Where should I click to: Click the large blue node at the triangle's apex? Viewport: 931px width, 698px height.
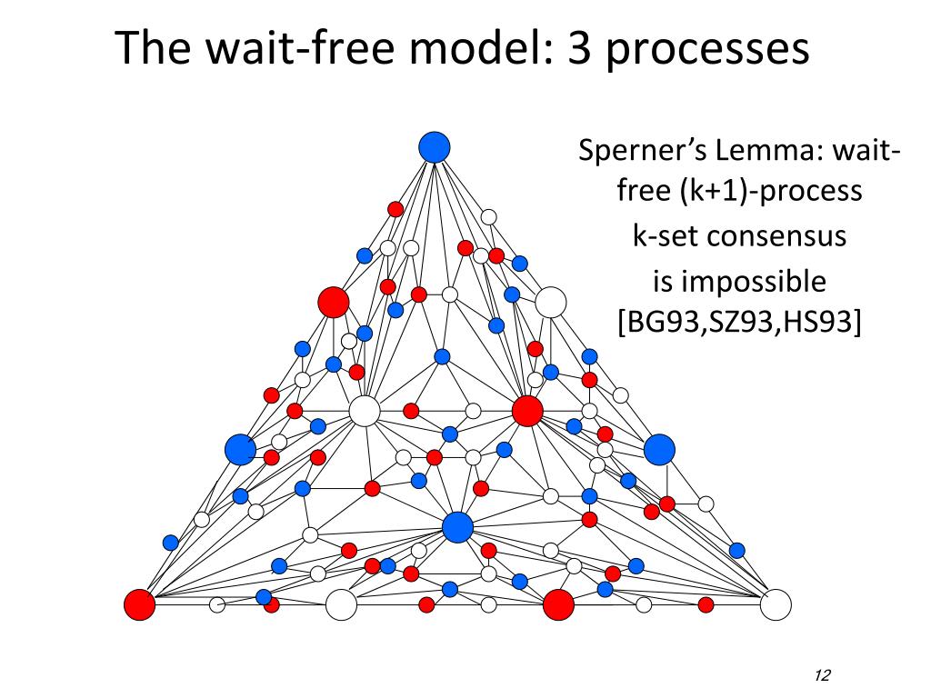(x=435, y=146)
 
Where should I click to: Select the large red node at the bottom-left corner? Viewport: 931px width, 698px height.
(x=140, y=604)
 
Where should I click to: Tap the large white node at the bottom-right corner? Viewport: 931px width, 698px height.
(x=776, y=604)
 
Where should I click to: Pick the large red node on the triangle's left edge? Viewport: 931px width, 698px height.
(x=334, y=302)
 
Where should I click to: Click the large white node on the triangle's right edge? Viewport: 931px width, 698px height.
(x=550, y=302)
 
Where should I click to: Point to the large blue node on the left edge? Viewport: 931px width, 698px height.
(x=241, y=449)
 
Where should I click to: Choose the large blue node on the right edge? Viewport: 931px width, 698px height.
(x=659, y=449)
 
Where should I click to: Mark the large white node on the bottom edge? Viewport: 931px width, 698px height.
(x=341, y=604)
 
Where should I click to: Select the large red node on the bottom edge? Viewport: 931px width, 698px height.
(x=558, y=604)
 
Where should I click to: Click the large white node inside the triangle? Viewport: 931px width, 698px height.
(x=365, y=411)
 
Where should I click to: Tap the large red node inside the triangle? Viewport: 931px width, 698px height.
(x=527, y=411)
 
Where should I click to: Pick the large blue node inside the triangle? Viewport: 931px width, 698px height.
(x=457, y=526)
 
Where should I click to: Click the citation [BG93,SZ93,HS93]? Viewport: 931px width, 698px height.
(x=739, y=323)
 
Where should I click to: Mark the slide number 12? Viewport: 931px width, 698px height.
(x=824, y=674)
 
